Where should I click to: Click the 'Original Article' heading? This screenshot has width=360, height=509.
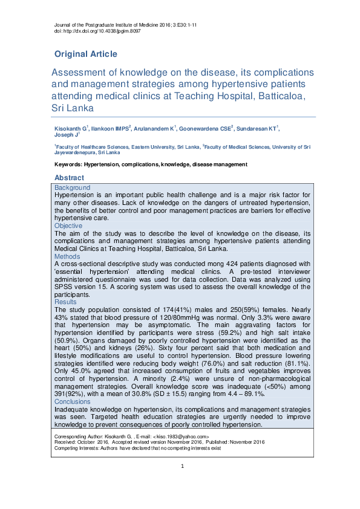pos(86,54)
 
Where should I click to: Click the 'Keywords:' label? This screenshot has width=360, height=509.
pos(68,164)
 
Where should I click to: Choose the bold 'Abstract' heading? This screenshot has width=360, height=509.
pos(70,178)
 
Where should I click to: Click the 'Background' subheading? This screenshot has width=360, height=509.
pos(72,188)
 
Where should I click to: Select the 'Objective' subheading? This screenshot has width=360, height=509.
pos(70,225)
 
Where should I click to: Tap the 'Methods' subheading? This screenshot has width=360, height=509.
pos(68,256)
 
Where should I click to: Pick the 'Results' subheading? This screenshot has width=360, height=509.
pos(66,302)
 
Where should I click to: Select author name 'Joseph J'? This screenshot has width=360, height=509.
pos(65,135)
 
